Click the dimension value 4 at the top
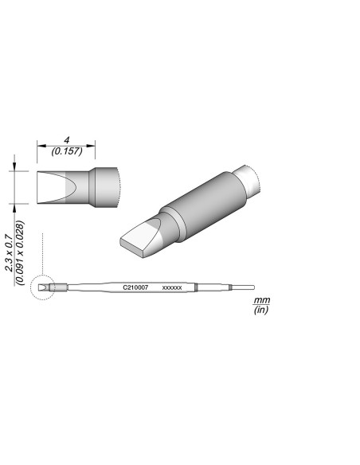(67, 139)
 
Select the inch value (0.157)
(67, 150)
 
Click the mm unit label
(260, 301)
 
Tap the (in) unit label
(260, 311)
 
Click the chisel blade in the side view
(56, 186)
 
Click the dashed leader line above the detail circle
(41, 255)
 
